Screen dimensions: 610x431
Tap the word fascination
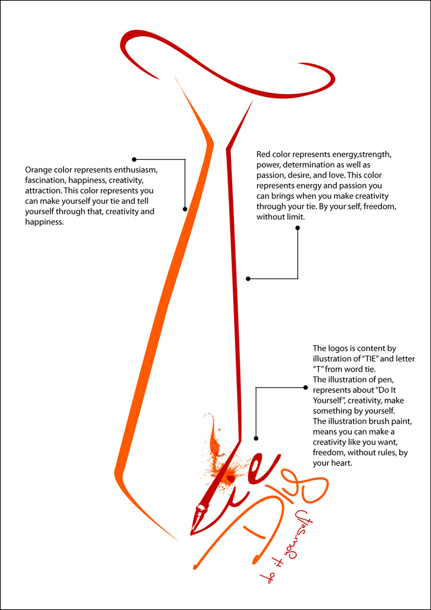click(x=47, y=180)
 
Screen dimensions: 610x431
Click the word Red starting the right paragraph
click(x=264, y=155)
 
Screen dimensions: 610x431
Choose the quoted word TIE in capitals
click(x=376, y=359)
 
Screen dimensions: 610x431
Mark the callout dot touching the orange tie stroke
click(x=185, y=209)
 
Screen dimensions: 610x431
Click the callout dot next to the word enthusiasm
click(x=134, y=159)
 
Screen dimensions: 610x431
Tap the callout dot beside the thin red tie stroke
click(x=248, y=279)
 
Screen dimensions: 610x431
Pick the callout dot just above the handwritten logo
click(x=256, y=438)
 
